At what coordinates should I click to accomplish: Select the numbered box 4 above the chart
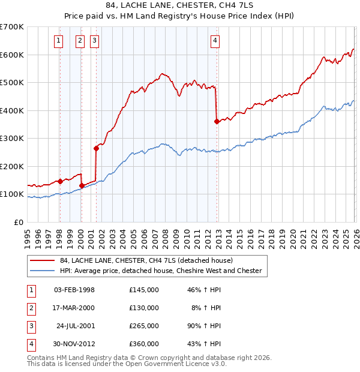point(215,41)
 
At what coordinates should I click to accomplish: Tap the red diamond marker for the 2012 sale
point(217,121)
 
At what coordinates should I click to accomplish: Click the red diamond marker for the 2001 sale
point(96,148)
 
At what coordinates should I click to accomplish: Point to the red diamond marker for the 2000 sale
point(82,185)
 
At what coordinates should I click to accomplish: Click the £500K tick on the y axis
point(12,82)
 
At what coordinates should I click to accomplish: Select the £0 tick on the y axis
point(18,222)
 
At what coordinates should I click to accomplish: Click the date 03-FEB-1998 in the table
point(74,290)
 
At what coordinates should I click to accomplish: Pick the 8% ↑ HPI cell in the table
point(205,308)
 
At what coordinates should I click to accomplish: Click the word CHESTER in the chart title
point(202,6)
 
